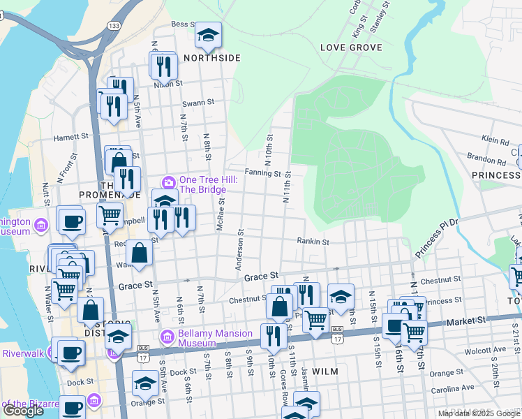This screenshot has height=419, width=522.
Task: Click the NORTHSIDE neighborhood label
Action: click(212, 58)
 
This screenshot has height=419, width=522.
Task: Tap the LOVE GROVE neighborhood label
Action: click(351, 47)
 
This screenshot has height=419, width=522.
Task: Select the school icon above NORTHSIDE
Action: click(207, 34)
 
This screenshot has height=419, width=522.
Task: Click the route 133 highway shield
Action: click(112, 24)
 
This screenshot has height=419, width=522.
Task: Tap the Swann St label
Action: click(198, 102)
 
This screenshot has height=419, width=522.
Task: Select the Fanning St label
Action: click(262, 173)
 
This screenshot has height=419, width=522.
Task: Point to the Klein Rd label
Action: click(495, 141)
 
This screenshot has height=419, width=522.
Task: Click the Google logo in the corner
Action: click(24, 411)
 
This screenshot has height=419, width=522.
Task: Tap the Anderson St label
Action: click(239, 250)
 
